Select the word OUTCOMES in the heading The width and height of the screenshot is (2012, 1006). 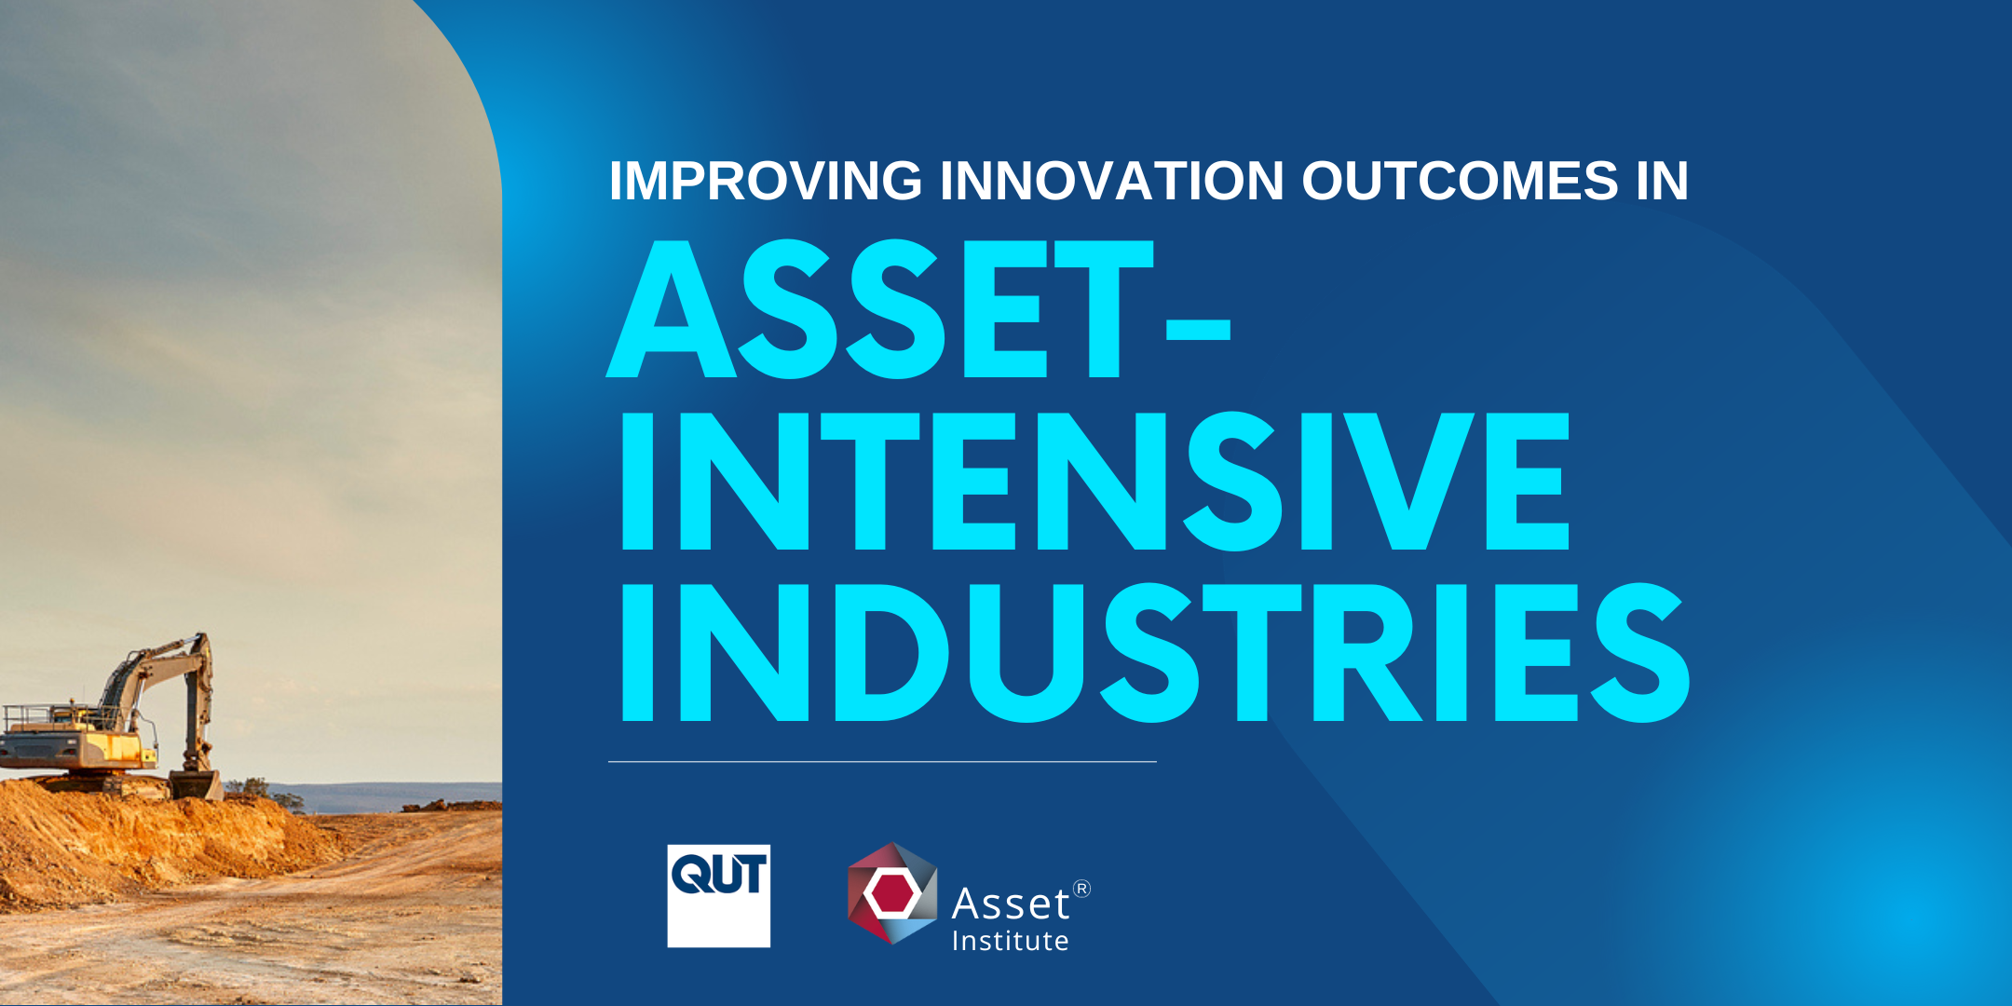1460,181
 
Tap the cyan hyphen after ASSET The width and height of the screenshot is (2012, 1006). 1198,330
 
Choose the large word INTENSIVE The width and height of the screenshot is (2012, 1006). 1094,482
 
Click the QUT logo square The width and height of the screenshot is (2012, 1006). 718,896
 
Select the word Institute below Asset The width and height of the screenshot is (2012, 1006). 1010,942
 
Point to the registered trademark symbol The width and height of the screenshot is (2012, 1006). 1081,889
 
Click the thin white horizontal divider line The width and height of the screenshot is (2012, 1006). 881,762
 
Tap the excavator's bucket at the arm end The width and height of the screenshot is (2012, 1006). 197,784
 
